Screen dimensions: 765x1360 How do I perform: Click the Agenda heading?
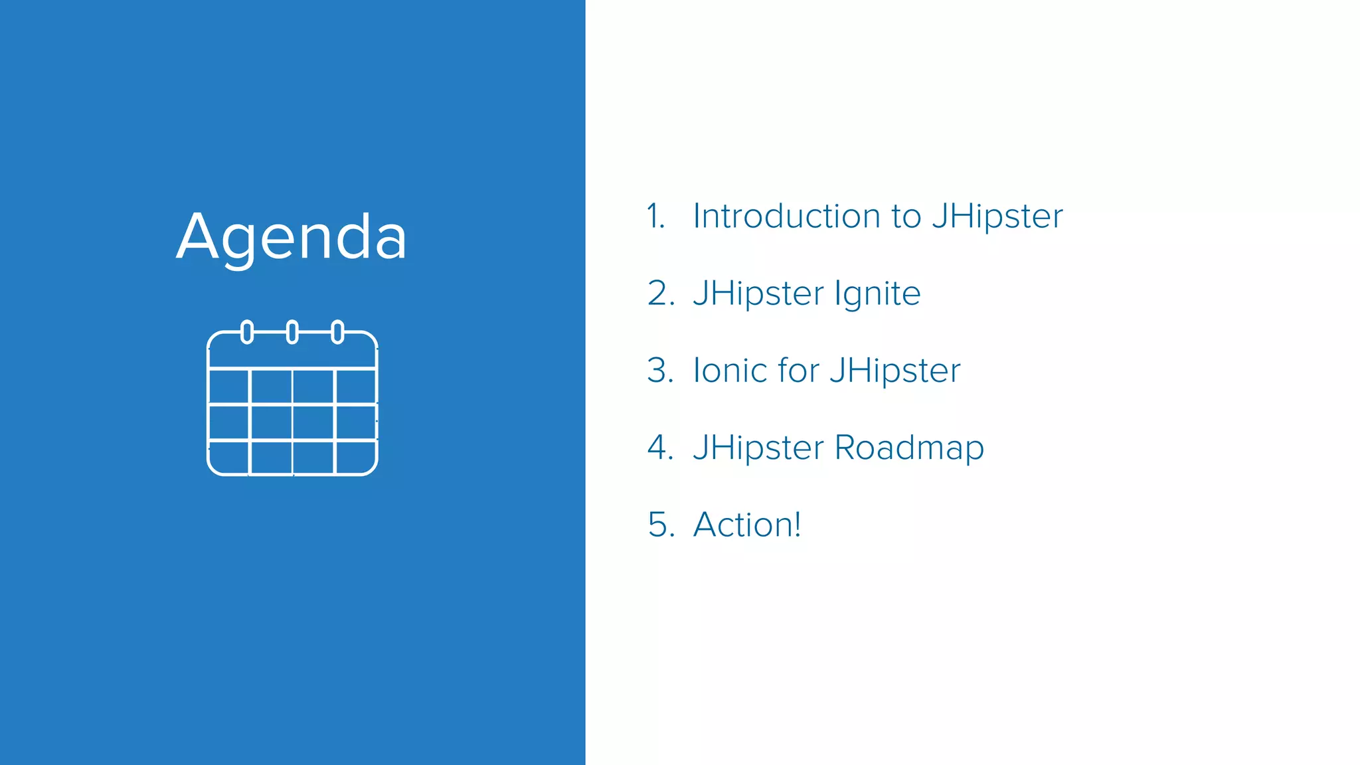(292, 238)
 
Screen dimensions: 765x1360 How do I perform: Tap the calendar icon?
(293, 402)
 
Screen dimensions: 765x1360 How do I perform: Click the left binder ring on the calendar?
(247, 331)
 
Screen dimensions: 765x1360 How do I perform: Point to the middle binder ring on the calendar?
(292, 331)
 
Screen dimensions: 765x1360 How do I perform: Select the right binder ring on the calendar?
(337, 331)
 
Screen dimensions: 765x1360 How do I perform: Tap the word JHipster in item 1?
(997, 216)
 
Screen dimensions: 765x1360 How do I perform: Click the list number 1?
(655, 216)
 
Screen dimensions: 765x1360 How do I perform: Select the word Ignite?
(877, 294)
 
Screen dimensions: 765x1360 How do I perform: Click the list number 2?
(660, 294)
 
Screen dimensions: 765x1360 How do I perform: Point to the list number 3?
(660, 371)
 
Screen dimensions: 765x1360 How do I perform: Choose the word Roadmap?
(909, 448)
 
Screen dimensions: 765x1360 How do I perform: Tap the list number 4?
(660, 448)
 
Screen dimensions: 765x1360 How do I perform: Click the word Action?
(747, 525)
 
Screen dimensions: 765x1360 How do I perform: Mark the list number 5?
(660, 525)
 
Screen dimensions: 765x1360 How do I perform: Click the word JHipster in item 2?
(758, 294)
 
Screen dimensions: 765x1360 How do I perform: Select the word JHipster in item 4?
(758, 448)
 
